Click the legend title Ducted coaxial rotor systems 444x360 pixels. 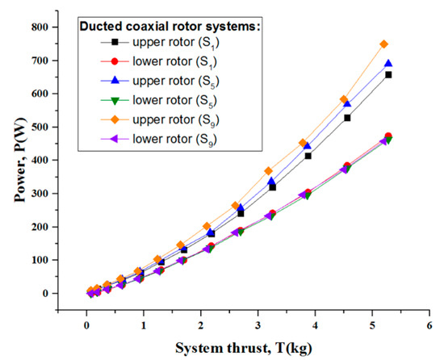tap(170, 26)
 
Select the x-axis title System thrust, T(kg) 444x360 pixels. tap(257, 349)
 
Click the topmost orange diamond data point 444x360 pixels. tap(384, 44)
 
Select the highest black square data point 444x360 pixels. tap(388, 74)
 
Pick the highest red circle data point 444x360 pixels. tap(388, 136)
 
